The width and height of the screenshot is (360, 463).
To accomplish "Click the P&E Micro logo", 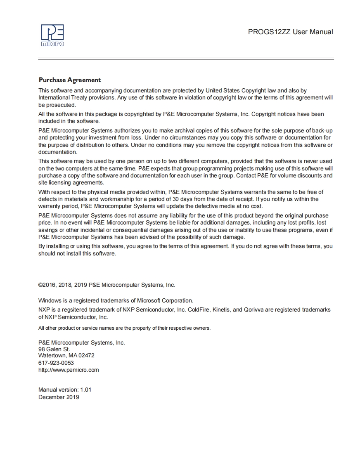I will [x=52, y=35].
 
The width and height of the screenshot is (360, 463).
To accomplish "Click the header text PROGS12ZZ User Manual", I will [x=290, y=32].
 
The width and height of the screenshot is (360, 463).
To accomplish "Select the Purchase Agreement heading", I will [x=69, y=80].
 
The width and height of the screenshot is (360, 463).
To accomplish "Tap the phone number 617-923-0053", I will [x=56, y=363].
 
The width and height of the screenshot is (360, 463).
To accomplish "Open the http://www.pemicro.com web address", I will [x=69, y=370].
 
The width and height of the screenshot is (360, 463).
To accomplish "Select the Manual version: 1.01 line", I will [x=65, y=390].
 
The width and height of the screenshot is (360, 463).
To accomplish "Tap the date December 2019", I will [x=59, y=397].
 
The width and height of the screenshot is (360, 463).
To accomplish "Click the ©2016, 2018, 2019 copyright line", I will [x=107, y=285].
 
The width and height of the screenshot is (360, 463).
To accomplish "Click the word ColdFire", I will [x=198, y=309].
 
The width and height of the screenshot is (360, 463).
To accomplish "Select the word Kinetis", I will [x=221, y=309].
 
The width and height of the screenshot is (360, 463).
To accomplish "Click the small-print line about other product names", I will [x=124, y=328].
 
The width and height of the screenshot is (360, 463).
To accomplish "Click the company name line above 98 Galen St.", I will [x=81, y=343].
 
